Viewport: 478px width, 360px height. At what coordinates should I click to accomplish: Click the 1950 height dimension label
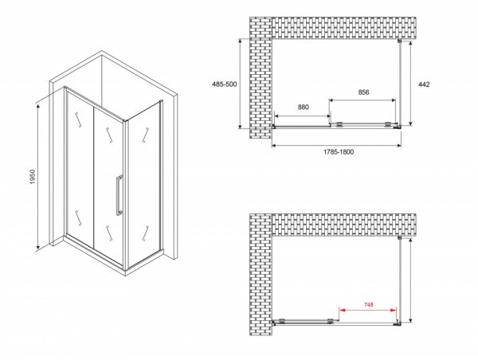tap(33, 177)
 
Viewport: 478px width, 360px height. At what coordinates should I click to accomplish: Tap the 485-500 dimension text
tap(225, 84)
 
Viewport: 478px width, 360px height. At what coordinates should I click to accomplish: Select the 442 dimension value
tap(424, 84)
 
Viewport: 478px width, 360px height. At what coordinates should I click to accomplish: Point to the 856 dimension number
tap(364, 92)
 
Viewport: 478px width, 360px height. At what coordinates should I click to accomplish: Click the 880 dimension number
tap(303, 107)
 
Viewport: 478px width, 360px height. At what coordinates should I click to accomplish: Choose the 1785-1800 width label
tap(339, 152)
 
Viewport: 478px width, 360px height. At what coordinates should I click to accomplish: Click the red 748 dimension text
tap(369, 304)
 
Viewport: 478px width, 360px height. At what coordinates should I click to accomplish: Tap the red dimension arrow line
tap(367, 311)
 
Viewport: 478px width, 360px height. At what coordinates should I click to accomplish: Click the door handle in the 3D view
tap(119, 195)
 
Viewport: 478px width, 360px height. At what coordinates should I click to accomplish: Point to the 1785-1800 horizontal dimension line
tap(336, 146)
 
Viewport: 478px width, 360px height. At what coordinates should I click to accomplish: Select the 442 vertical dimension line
tap(410, 83)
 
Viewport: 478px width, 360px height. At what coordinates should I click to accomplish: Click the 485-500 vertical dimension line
tap(241, 84)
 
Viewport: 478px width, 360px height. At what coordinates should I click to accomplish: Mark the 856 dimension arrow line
tap(362, 100)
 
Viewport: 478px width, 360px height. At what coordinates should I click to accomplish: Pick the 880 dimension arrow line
tap(303, 115)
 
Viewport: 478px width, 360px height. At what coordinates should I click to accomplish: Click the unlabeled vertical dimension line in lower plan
tap(410, 280)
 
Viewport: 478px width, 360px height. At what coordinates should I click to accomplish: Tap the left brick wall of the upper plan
tap(261, 78)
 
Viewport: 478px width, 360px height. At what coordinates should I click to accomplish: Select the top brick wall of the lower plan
tap(344, 225)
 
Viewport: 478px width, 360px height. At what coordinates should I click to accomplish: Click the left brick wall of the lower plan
tap(261, 274)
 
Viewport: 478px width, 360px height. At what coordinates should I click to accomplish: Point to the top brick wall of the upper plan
tap(344, 28)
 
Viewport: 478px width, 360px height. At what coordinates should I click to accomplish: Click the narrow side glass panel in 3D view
tap(144, 186)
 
